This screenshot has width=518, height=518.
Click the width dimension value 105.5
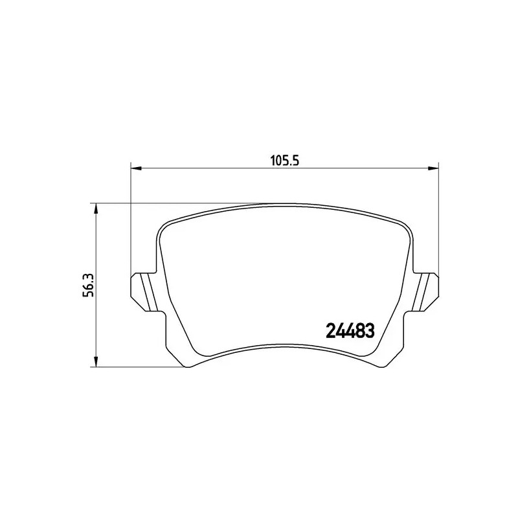283,161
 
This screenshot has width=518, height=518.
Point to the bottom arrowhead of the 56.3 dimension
96,363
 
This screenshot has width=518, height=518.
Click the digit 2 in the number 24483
328,331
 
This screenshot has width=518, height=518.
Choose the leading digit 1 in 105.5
272,161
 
